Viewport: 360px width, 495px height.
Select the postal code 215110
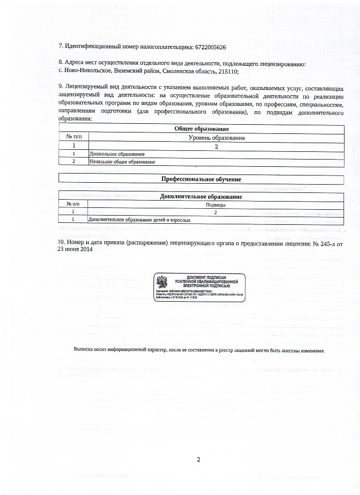pyautogui.click(x=229, y=71)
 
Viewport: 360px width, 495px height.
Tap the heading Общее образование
pyautogui.click(x=201, y=129)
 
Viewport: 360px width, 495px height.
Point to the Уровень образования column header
pyautogui.click(x=216, y=137)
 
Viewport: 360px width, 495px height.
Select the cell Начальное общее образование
pyautogui.click(x=122, y=161)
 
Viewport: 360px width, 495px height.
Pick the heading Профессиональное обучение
pyautogui.click(x=201, y=179)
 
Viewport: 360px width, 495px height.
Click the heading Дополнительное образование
pyautogui.click(x=201, y=197)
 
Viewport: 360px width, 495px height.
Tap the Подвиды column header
pyautogui.click(x=216, y=204)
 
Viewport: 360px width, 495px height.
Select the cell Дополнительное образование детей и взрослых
pyautogui.click(x=139, y=220)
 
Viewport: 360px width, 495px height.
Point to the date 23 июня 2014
pyautogui.click(x=75, y=249)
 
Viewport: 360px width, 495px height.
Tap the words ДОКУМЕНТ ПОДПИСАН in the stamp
pyautogui.click(x=203, y=277)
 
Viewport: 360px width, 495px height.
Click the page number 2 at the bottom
pyautogui.click(x=198, y=459)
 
